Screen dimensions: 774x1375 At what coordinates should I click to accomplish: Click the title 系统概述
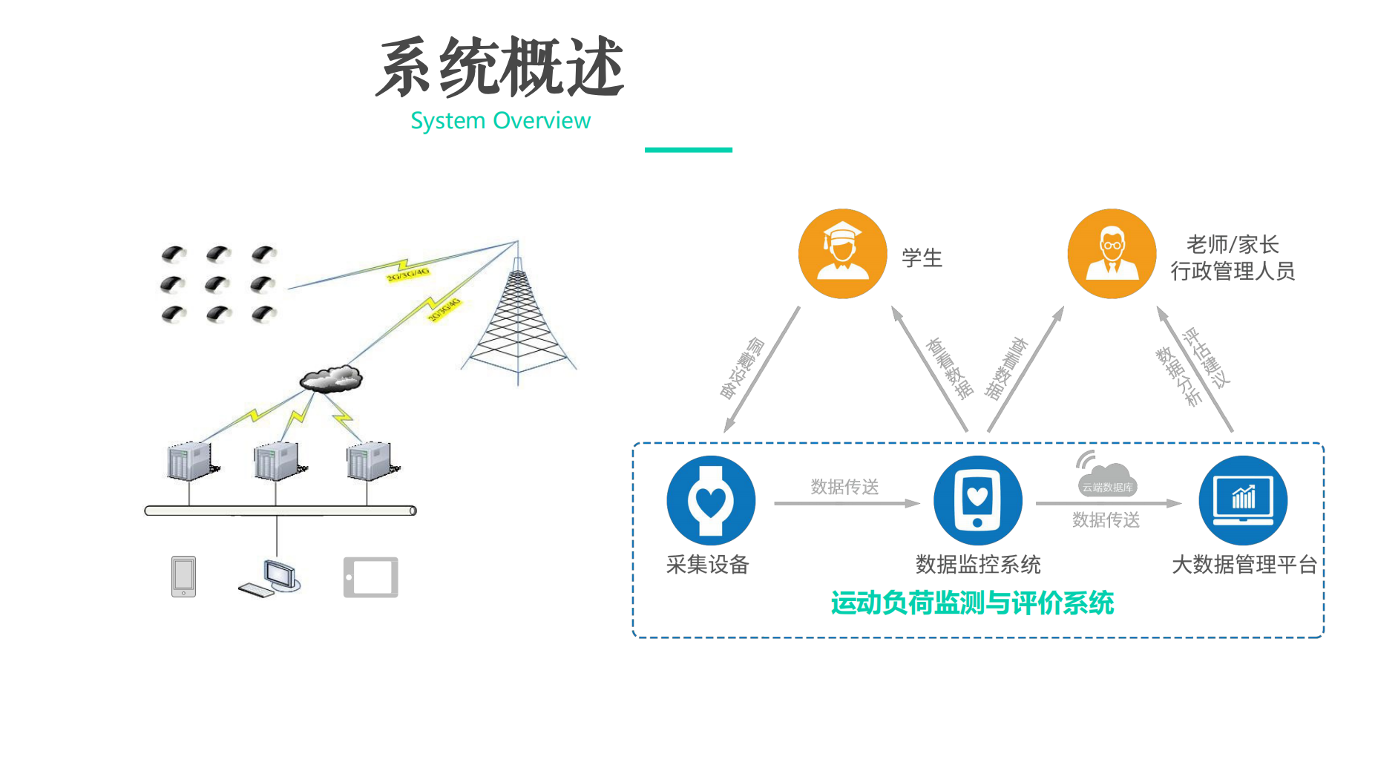[499, 68]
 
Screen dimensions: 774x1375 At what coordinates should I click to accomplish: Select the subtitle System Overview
[500, 121]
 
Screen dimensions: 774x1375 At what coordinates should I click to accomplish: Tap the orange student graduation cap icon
[842, 254]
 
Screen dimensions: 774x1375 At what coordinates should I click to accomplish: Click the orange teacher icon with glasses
[1112, 254]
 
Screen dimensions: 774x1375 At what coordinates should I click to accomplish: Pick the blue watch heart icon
[711, 500]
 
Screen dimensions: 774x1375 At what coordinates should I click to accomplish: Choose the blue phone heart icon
[977, 500]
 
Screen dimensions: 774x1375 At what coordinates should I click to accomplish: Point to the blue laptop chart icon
[1243, 500]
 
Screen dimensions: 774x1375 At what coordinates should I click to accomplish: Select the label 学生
[922, 258]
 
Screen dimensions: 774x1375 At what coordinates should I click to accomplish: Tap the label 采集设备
[707, 565]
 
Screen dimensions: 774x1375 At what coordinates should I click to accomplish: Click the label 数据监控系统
[978, 565]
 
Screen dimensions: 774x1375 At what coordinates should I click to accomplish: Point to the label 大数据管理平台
[1244, 565]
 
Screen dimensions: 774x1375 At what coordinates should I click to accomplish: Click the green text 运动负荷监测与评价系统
[972, 603]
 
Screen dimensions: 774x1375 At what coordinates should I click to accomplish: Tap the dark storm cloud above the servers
[331, 378]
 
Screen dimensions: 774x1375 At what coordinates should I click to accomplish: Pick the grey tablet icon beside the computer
[370, 577]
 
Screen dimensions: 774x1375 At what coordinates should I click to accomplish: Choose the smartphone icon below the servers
[183, 577]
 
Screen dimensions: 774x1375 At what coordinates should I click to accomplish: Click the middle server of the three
[277, 462]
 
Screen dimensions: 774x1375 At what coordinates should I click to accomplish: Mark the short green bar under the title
[688, 150]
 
